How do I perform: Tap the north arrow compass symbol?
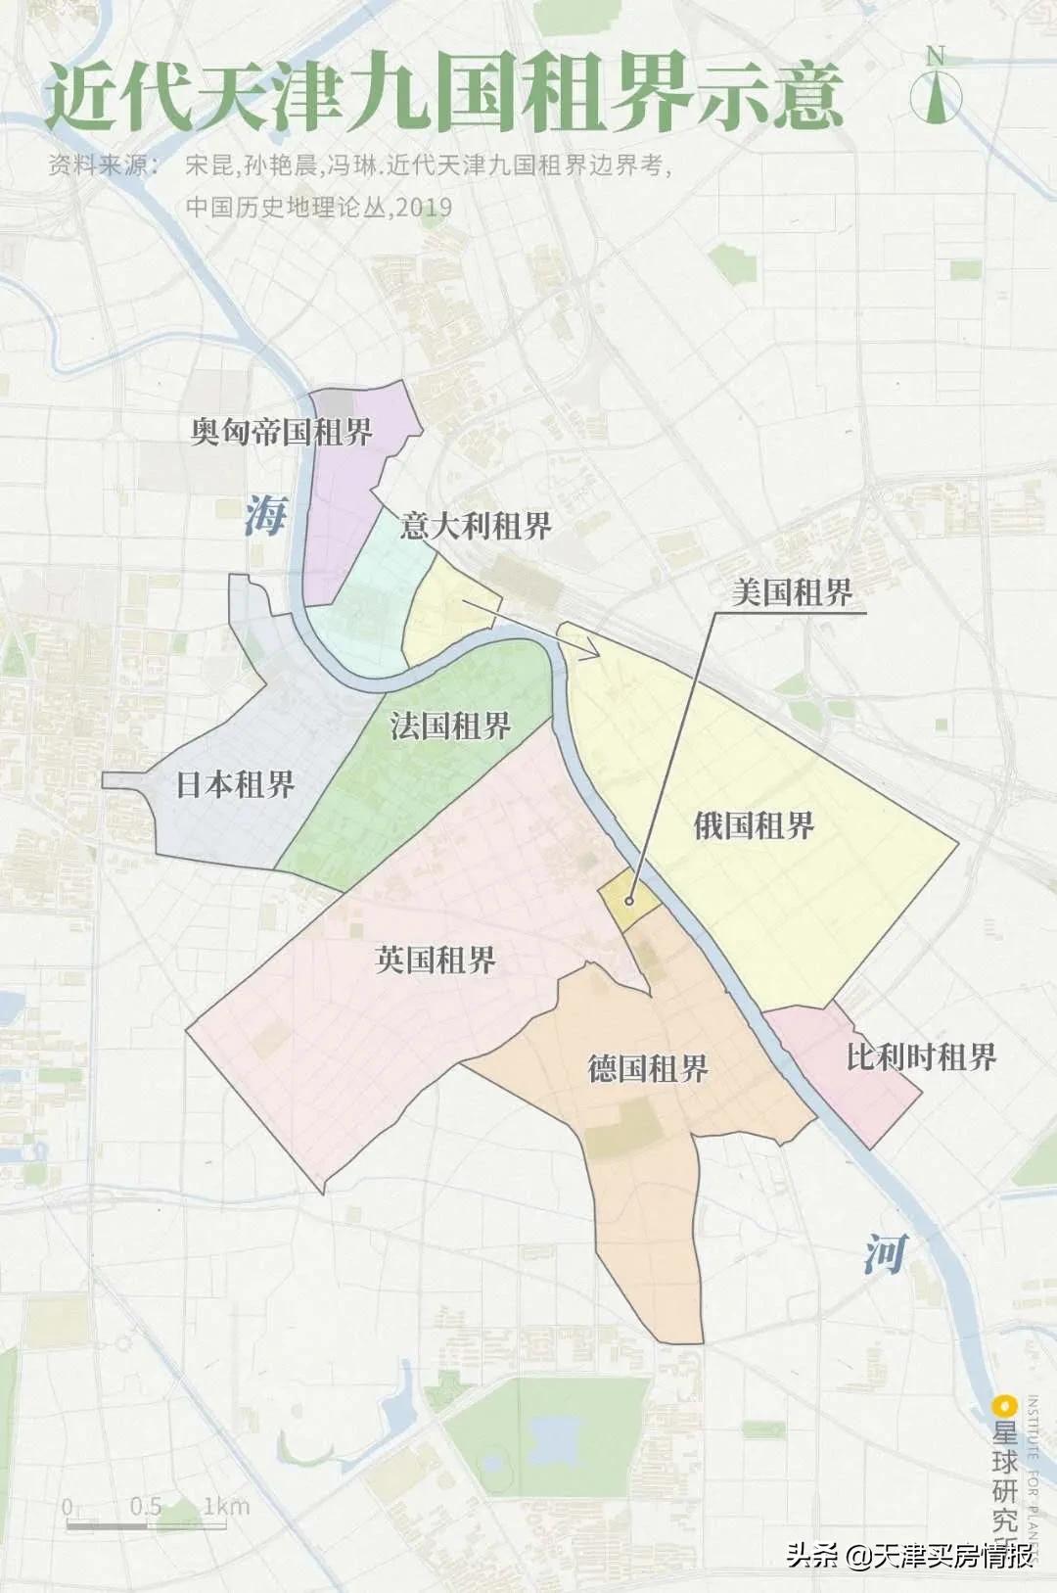(x=936, y=89)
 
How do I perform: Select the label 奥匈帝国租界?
(x=282, y=432)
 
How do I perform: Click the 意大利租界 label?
(x=476, y=526)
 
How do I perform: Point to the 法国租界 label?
(x=450, y=726)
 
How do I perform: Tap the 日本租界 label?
(x=235, y=784)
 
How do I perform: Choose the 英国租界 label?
(x=436, y=960)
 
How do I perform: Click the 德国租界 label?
(x=648, y=1067)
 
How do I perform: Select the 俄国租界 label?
(x=754, y=825)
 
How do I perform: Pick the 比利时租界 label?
(x=921, y=1056)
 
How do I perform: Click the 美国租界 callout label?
(x=792, y=592)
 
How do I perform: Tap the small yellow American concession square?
(x=626, y=899)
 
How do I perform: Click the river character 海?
(x=264, y=515)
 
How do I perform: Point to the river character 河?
(x=885, y=1253)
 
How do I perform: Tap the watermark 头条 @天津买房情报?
(x=910, y=1556)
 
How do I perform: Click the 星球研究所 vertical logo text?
(x=1005, y=1469)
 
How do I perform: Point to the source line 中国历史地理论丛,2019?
(x=319, y=207)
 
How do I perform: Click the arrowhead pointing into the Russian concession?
(x=590, y=651)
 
